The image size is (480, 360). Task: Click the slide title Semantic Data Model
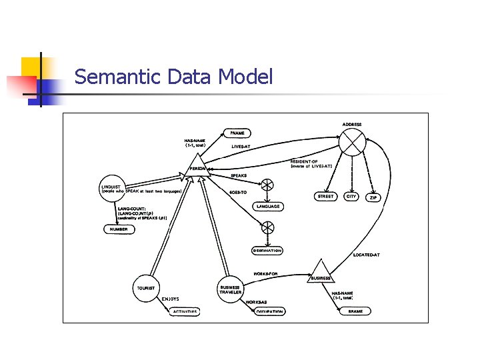[173, 77]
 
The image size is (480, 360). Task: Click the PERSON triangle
[197, 163]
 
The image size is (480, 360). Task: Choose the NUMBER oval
[118, 229]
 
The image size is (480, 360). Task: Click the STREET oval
[325, 197]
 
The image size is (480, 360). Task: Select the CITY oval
[351, 197]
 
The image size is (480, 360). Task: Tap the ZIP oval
[373, 197]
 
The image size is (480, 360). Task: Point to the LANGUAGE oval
[267, 207]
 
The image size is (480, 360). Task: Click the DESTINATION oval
[267, 251]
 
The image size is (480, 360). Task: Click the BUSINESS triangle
[321, 271]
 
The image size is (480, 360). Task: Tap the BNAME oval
[355, 311]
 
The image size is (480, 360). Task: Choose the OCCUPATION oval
[269, 311]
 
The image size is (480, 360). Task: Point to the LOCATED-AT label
[366, 255]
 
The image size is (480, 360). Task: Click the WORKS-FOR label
[265, 273]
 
